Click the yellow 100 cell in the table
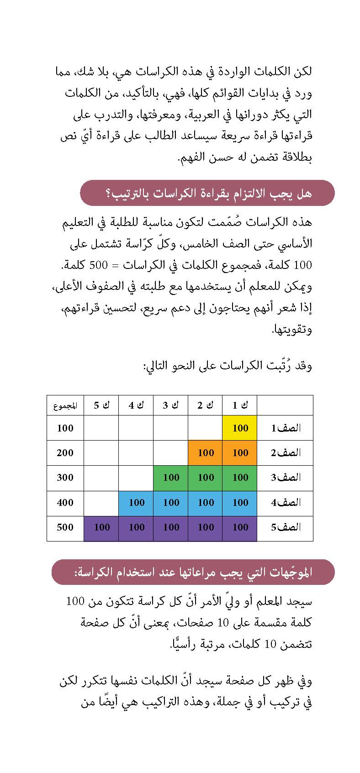pyautogui.click(x=240, y=428)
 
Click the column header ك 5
pyautogui.click(x=101, y=405)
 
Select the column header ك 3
pyautogui.click(x=171, y=405)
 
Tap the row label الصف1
pyautogui.click(x=286, y=428)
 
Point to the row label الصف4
pyautogui.click(x=286, y=503)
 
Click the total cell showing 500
pyautogui.click(x=65, y=527)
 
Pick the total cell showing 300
pyautogui.click(x=65, y=478)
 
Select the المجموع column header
pyautogui.click(x=65, y=405)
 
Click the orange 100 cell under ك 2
pyautogui.click(x=206, y=453)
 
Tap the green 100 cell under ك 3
pyautogui.click(x=171, y=478)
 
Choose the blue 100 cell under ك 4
pyautogui.click(x=136, y=503)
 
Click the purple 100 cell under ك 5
pyautogui.click(x=101, y=527)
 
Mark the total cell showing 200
pyautogui.click(x=65, y=453)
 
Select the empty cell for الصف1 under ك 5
pyautogui.click(x=101, y=428)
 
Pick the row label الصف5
pyautogui.click(x=286, y=527)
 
